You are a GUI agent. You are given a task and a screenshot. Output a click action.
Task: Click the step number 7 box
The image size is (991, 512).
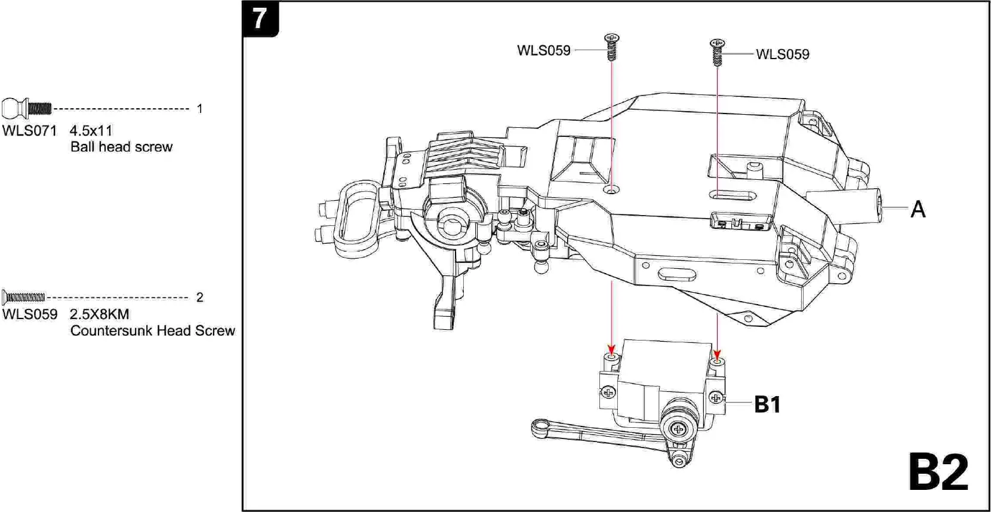(260, 19)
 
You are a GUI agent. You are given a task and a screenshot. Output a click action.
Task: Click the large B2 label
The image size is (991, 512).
(938, 473)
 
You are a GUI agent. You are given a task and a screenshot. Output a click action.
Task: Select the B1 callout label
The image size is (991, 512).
(767, 404)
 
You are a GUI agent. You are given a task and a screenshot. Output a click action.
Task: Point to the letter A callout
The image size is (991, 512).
(918, 210)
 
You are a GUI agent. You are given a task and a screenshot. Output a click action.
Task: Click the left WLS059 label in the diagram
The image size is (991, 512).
(543, 51)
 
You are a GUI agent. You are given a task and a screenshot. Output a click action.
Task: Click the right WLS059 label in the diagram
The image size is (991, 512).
(782, 54)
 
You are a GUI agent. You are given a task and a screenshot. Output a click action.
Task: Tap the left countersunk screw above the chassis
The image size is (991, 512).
(611, 47)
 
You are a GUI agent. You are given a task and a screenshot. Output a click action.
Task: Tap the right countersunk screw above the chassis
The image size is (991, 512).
(717, 52)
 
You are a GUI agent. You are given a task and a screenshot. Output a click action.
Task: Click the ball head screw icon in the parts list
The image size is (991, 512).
(27, 109)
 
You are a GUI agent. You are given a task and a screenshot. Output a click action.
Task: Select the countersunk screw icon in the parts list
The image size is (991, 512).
(24, 297)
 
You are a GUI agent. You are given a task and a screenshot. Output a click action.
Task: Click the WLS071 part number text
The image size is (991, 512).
(29, 131)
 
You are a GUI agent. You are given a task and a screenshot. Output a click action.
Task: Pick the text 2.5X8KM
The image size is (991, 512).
(99, 314)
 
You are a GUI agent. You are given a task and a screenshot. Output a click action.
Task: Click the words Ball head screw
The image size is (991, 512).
(121, 147)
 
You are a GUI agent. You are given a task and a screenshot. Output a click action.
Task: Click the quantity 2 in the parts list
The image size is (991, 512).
(199, 298)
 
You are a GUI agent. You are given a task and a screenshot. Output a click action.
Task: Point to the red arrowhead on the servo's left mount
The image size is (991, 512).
(611, 349)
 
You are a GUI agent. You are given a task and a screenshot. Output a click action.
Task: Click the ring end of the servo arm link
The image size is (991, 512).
(541, 427)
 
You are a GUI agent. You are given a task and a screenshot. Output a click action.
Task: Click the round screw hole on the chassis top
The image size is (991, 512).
(612, 189)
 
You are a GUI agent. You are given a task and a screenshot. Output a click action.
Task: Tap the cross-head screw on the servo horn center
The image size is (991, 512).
(678, 429)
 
